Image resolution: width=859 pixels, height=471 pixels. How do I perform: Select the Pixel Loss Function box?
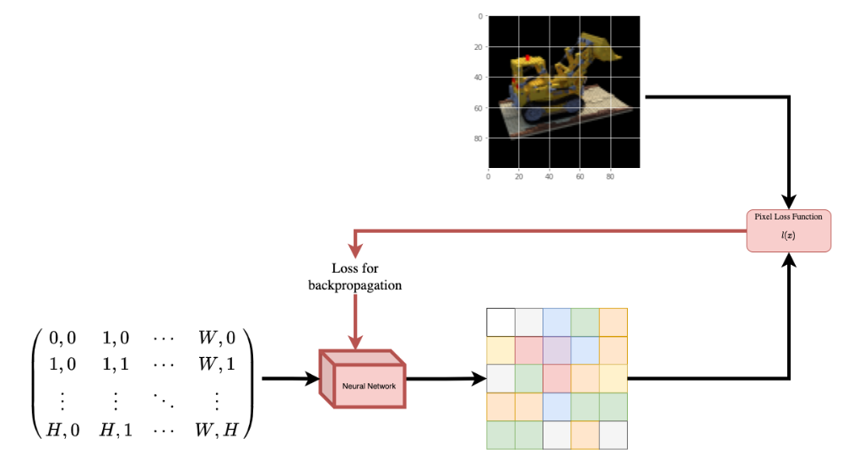[788, 230]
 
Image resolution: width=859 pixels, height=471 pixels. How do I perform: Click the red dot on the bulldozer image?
[528, 58]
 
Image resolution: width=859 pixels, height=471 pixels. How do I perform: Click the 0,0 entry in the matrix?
[62, 338]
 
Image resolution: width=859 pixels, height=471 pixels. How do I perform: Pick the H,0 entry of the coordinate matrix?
[62, 430]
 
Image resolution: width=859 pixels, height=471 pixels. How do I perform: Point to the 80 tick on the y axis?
[478, 138]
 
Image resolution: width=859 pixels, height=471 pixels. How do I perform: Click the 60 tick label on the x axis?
[580, 177]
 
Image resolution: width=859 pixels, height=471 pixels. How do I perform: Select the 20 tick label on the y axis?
[478, 47]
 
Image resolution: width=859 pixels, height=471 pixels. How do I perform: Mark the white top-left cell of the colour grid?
[500, 322]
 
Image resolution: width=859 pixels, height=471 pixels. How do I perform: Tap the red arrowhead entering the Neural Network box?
[356, 343]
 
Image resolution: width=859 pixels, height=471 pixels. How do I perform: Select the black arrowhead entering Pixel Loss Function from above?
[789, 202]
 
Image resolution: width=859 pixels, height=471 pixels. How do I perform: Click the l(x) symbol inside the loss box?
[788, 236]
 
